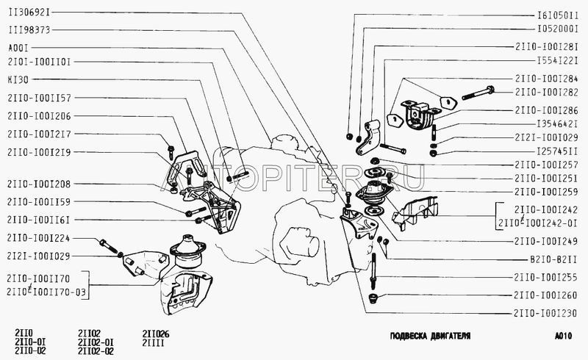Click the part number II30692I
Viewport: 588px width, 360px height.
(x=29, y=12)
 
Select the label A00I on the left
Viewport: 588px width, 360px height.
(x=18, y=48)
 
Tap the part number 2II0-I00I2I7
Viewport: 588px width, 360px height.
(x=39, y=134)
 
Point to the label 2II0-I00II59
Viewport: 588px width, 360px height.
(x=39, y=202)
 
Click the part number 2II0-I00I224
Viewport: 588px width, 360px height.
(x=38, y=238)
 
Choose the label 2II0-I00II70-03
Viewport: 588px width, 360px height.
(x=46, y=292)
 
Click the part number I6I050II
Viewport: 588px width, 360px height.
(x=557, y=15)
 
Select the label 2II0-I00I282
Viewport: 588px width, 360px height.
(x=546, y=93)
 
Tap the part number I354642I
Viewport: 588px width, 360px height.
(x=557, y=123)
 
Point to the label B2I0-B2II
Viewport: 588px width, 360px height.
(x=553, y=259)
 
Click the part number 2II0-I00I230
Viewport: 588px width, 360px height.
(x=545, y=313)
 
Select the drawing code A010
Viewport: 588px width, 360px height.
(x=563, y=336)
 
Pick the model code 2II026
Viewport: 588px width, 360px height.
(x=156, y=334)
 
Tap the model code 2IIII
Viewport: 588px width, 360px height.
(x=153, y=342)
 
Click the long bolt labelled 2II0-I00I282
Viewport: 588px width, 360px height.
(x=478, y=93)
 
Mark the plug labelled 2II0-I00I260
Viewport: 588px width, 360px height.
(x=373, y=298)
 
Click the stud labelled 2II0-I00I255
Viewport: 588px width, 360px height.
(x=373, y=271)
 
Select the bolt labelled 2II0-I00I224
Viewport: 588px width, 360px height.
(x=108, y=246)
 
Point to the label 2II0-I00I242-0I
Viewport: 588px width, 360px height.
(x=537, y=223)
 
